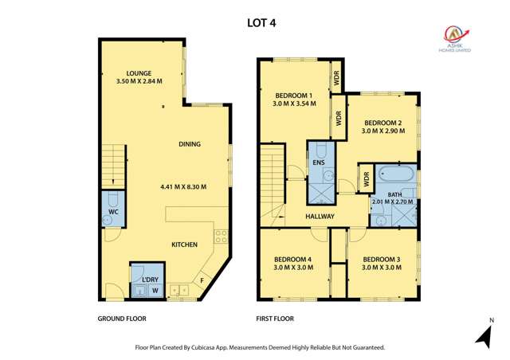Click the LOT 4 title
(261, 23)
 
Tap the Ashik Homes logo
(455, 39)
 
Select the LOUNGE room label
(139, 73)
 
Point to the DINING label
(190, 144)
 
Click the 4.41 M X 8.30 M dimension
(183, 187)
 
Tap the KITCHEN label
(184, 245)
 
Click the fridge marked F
(202, 280)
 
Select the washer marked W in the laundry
(155, 291)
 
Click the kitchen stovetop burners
(222, 237)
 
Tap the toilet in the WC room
(112, 199)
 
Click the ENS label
(319, 162)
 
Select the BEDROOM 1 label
(294, 96)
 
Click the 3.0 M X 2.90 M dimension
(383, 131)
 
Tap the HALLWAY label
(320, 217)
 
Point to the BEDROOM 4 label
(292, 260)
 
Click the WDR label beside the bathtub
(367, 179)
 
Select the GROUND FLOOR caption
(122, 319)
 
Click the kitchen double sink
(179, 290)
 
